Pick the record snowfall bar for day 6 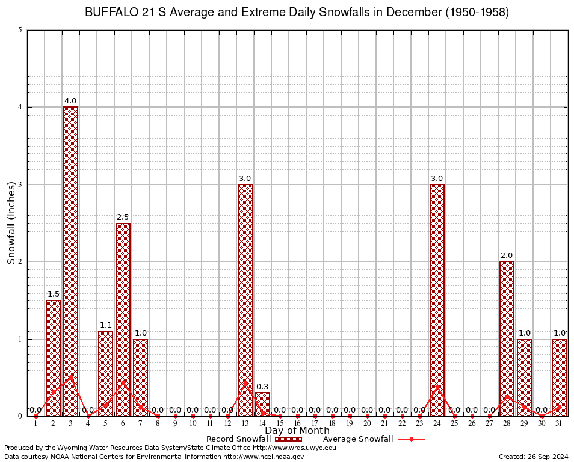click(123, 319)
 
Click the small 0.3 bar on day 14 click(262, 404)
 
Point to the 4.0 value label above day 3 click(70, 101)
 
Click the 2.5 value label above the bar click(123, 217)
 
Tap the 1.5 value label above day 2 click(53, 294)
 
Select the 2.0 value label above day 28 click(507, 256)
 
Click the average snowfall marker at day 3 click(70, 378)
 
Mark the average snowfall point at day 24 click(437, 386)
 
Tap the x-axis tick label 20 click(367, 424)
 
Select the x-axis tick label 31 click(559, 424)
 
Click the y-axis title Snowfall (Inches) click(11, 223)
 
